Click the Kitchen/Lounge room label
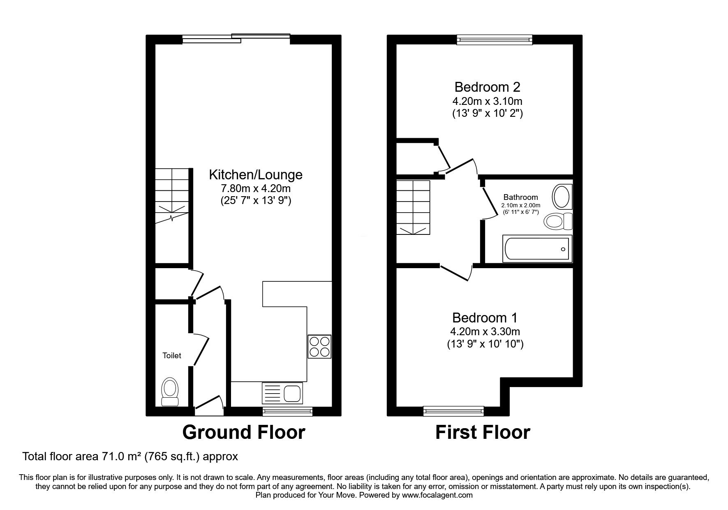pyautogui.click(x=256, y=175)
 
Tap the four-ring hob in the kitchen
pyautogui.click(x=319, y=347)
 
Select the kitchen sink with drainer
pyautogui.click(x=282, y=393)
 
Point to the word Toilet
pyautogui.click(x=172, y=356)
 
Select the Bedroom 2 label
pyautogui.click(x=487, y=87)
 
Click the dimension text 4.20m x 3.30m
pyautogui.click(x=485, y=331)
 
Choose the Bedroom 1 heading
pyautogui.click(x=485, y=318)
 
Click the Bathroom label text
pyautogui.click(x=520, y=197)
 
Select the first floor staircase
pyautogui.click(x=413, y=207)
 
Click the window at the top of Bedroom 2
pyautogui.click(x=495, y=39)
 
